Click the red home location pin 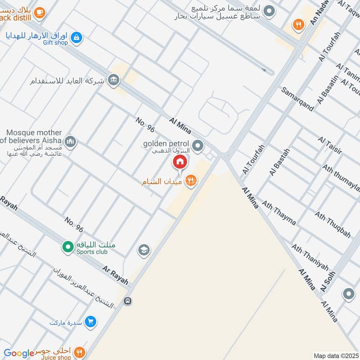pos(180,162)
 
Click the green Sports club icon pos(68,247)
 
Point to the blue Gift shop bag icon pos(77,37)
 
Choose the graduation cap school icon pos(144,250)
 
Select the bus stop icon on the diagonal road pos(128,301)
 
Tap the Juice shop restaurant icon pos(80,352)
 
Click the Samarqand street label pos(297,99)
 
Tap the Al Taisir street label pos(330,146)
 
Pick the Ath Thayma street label pos(279,213)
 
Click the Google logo pos(19,353)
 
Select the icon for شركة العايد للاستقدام pos(114,80)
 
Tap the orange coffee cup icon pos(39,13)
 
